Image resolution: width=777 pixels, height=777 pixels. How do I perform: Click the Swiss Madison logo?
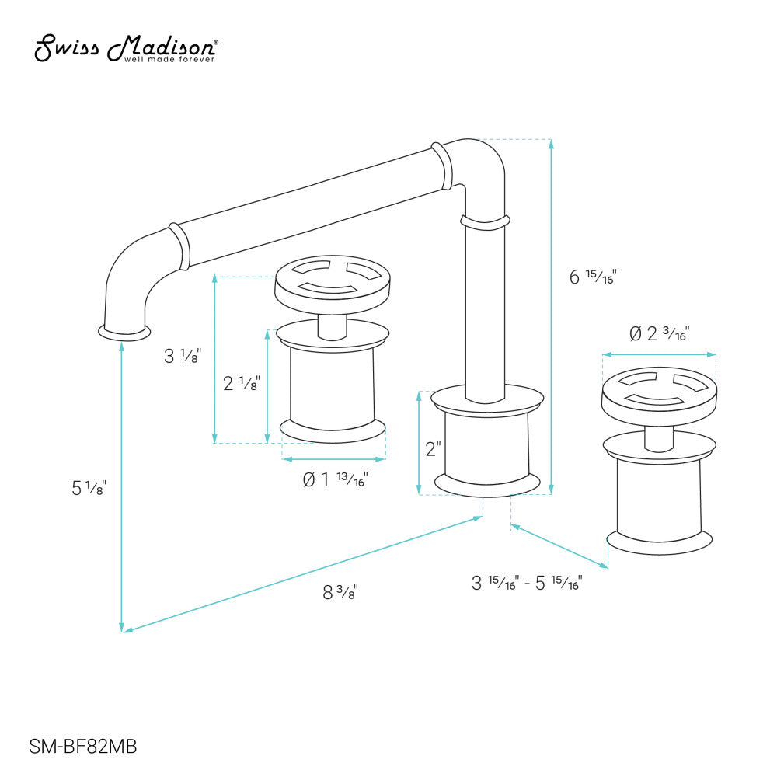[125, 48]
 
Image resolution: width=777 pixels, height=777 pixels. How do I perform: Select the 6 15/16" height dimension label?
[592, 277]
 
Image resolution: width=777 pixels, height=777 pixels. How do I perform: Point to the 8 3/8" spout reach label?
[340, 591]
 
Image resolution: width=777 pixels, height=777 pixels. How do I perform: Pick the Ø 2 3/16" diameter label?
[658, 334]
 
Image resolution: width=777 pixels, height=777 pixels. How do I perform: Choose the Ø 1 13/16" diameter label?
[335, 479]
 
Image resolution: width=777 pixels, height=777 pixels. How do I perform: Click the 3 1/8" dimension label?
[183, 357]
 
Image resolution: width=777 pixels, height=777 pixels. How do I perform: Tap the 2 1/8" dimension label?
[241, 383]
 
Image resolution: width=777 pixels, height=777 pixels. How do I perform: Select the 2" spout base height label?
[433, 449]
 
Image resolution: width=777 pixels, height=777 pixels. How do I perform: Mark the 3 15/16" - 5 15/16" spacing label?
[527, 583]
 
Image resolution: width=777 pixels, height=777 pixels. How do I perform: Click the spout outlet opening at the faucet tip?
[124, 333]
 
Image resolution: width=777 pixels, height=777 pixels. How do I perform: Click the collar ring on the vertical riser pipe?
[485, 222]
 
